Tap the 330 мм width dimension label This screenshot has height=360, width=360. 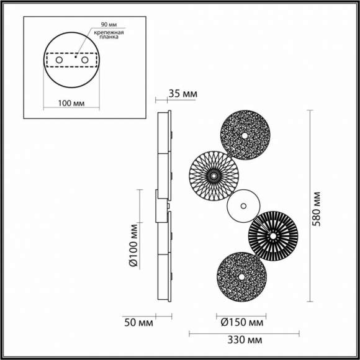pos(243,340)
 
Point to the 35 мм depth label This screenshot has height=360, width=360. pos(182,94)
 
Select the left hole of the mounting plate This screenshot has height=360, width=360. pos(60,61)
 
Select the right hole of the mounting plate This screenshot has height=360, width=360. pos(84,61)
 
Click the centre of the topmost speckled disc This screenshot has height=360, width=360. pos(246,135)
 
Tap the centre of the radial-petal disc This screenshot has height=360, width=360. pos(214,176)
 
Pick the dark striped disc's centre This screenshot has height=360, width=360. pos(272,235)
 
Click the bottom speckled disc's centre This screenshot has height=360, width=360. pos(238,276)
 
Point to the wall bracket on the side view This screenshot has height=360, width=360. pos(158,206)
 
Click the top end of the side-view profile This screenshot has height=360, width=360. pos(165,114)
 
